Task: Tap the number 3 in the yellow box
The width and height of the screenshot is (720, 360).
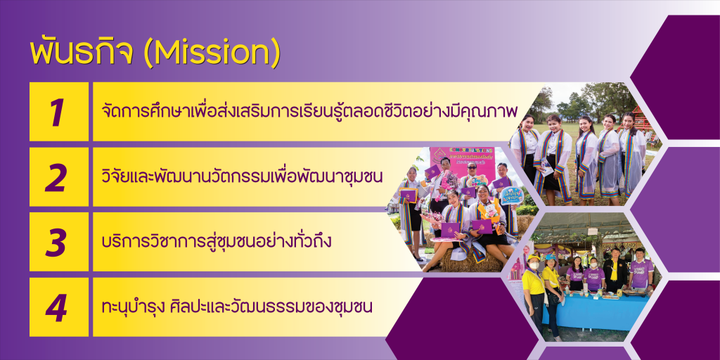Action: (58, 242)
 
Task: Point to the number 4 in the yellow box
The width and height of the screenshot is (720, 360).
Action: (57, 307)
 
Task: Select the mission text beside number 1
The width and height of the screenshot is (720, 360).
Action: (309, 111)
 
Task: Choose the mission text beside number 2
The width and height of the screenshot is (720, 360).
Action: (242, 176)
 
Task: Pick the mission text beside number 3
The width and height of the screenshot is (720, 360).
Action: (217, 241)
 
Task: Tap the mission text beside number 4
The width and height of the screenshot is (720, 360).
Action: (237, 307)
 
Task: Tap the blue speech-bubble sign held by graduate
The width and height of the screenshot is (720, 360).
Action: (512, 195)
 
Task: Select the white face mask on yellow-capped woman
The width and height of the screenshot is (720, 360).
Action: (533, 265)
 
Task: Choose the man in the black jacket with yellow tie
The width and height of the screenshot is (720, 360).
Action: (615, 271)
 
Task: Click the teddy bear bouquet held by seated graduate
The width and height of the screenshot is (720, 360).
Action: (491, 214)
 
